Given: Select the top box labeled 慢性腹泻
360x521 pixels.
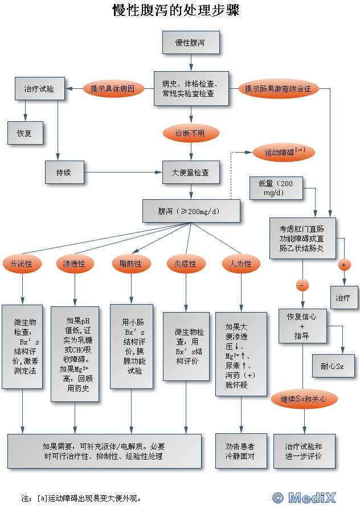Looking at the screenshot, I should pos(190,43).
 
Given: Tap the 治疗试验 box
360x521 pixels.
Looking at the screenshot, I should pos(39,89).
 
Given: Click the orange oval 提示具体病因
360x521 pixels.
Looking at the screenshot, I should pos(112,89).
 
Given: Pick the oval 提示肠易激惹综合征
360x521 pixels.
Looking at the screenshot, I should pos(278,89).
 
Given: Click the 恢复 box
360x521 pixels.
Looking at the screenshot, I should pos(24,133).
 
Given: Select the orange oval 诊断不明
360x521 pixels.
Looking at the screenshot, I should pos(190,134).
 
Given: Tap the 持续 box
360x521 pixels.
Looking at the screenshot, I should pos(64,172).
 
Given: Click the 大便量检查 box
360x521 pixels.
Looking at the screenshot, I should pos(190,172).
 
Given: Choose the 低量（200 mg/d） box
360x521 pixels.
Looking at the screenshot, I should pos(276,188).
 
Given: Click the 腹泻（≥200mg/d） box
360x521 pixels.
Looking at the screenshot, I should pos(191,211).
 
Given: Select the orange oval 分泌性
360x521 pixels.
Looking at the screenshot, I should pos(22,264).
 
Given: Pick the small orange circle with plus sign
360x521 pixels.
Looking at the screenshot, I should pos(343,265).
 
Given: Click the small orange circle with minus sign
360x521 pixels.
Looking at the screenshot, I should pos(302,284).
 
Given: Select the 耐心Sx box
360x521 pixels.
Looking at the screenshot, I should pos(333,366).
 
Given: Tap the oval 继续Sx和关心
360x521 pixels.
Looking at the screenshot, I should pos(304,399).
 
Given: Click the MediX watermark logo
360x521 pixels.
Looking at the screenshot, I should pos(304,498).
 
